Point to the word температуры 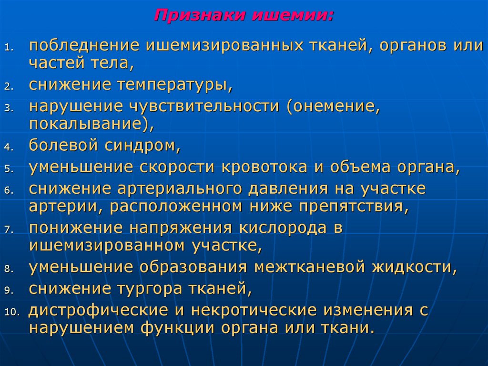(x=182, y=84)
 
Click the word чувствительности (x=198, y=106)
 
